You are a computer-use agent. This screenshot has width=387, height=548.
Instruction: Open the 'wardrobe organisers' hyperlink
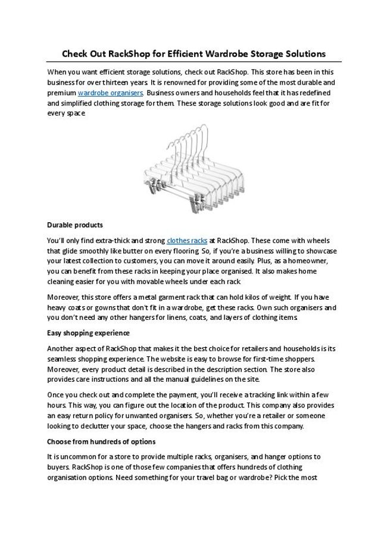coord(110,93)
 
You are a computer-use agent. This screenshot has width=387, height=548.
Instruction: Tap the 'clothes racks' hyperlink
coord(187,241)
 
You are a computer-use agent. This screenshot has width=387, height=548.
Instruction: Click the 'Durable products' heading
coord(74,225)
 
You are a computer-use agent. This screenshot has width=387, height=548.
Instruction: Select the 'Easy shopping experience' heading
coord(88,333)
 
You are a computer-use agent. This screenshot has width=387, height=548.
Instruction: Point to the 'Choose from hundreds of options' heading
coord(101,441)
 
